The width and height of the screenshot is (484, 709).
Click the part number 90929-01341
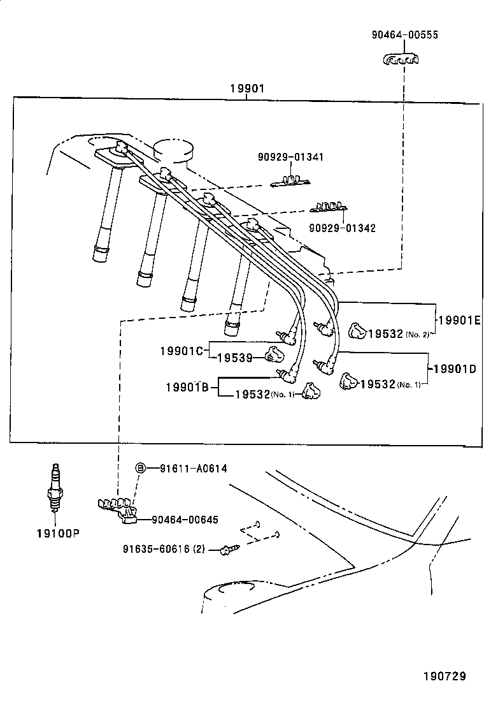coord(291,157)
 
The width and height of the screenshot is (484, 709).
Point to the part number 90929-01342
coord(342,228)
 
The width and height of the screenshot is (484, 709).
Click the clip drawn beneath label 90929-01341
coord(290,182)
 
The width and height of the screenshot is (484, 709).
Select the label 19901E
coord(459,320)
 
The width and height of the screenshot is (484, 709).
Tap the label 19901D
coord(455,369)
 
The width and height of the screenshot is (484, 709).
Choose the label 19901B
coord(187,387)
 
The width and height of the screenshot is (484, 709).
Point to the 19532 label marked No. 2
coord(386,333)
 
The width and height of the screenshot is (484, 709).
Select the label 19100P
coord(57,533)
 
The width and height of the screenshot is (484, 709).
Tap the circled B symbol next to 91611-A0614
coord(141,469)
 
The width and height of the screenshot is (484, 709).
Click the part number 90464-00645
coord(185,520)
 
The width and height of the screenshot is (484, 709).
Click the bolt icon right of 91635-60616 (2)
coord(227,548)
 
